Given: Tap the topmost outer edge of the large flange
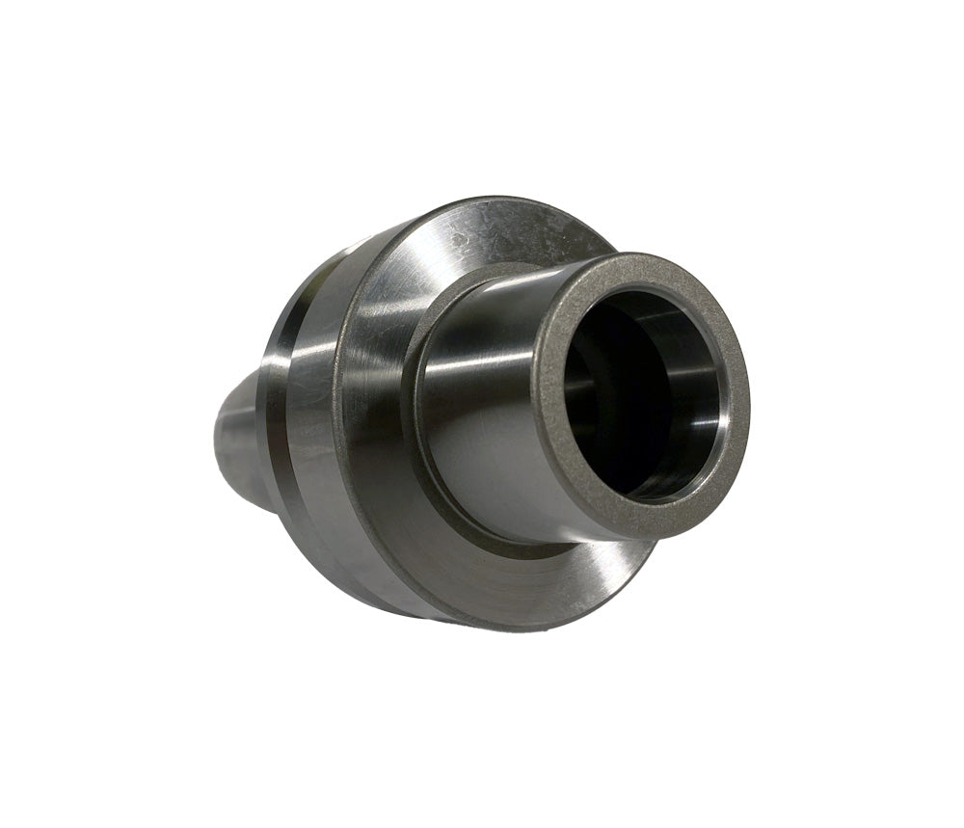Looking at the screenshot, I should pos(501,200).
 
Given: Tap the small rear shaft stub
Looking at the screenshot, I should pos(231,434).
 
